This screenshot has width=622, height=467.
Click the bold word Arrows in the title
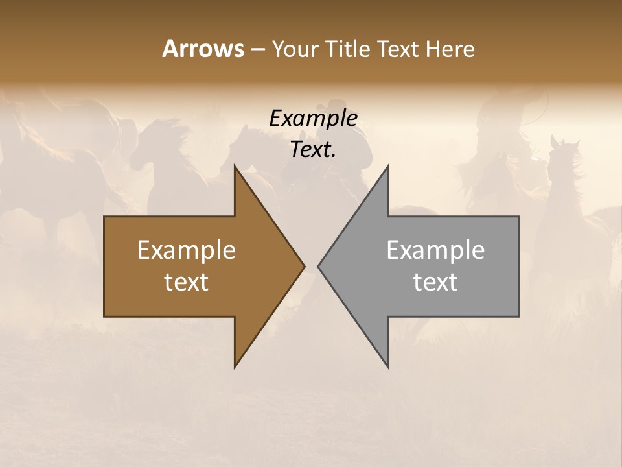point(203,49)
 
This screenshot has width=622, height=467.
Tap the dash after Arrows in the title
point(257,49)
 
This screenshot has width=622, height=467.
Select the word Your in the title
point(293,49)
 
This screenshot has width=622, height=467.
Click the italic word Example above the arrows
point(313,119)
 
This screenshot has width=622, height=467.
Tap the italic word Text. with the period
point(313,150)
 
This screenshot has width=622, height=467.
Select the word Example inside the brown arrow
point(187,250)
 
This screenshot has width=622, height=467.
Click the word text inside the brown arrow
point(187,281)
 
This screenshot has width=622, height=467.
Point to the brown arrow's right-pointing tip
point(303,266)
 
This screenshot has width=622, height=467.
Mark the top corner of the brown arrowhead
point(235,167)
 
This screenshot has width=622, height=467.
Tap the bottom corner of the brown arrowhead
point(235,366)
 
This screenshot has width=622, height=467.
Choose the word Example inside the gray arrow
point(435,250)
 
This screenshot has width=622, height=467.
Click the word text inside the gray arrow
point(435,281)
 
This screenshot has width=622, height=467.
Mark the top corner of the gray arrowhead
point(387,167)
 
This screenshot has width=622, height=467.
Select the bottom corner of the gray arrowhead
point(387,366)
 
